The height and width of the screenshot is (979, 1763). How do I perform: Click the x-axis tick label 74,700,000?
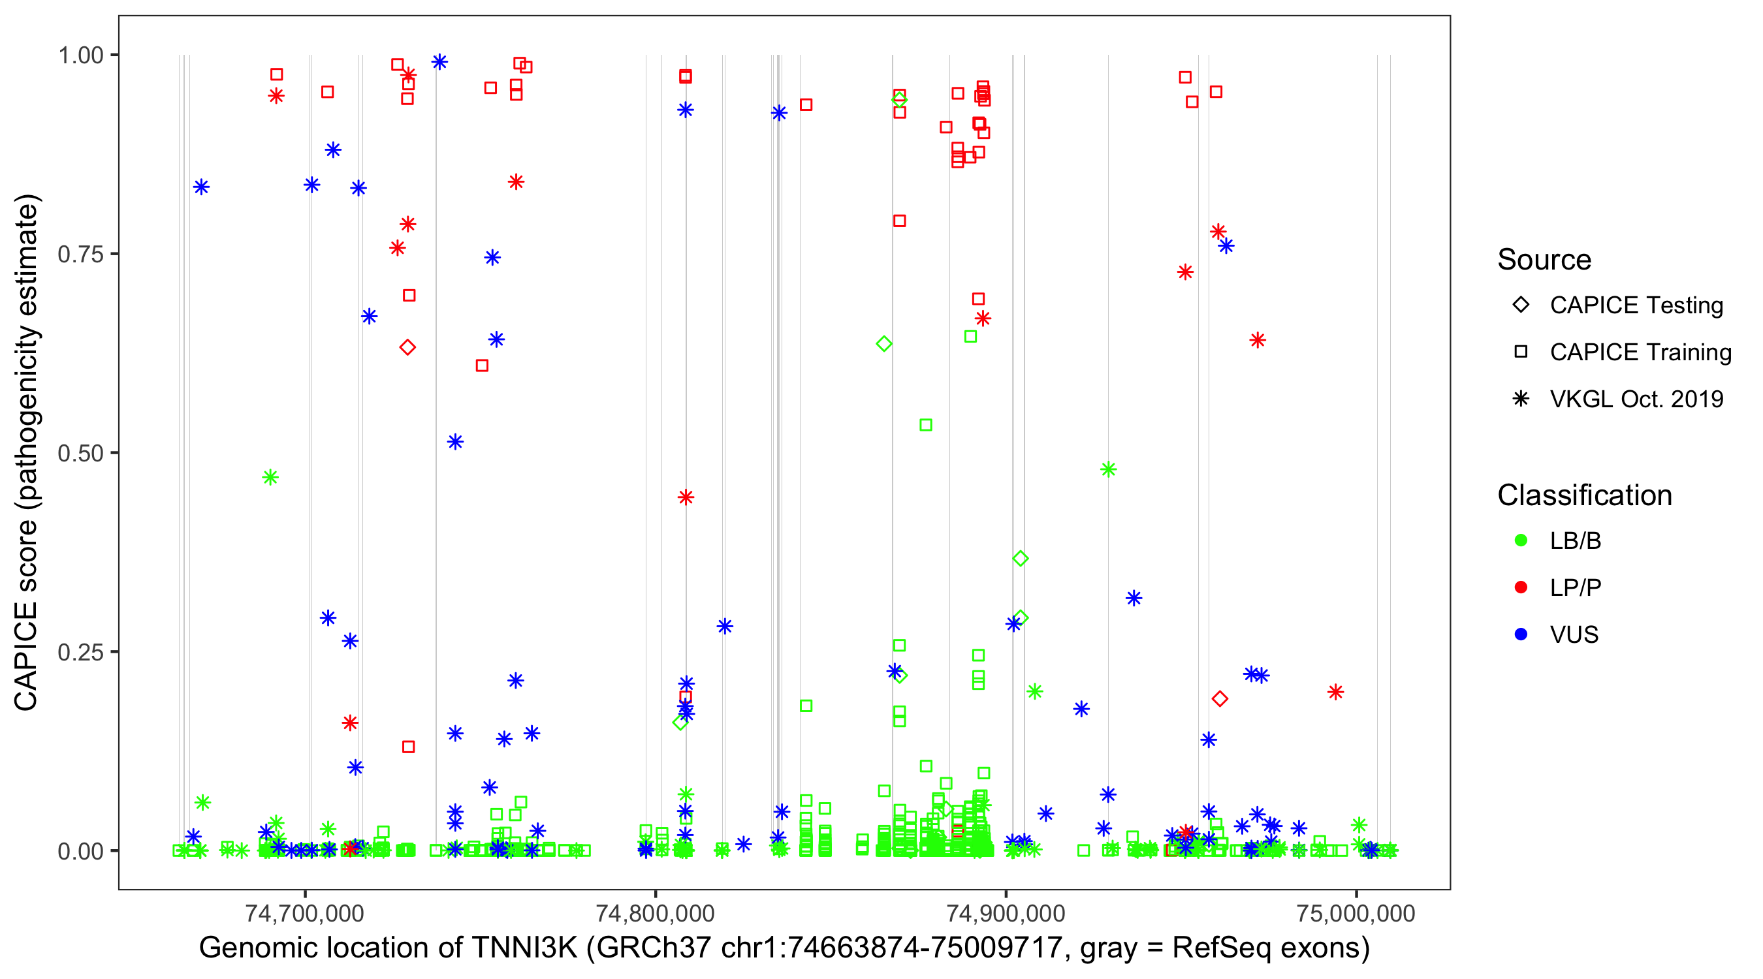point(304,913)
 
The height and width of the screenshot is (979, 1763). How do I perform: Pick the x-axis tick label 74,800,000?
point(655,913)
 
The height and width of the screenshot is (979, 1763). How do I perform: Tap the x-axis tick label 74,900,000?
point(1006,913)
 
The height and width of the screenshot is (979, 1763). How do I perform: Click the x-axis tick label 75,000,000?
point(1356,913)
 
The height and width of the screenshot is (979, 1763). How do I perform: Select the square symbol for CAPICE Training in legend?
point(1521,352)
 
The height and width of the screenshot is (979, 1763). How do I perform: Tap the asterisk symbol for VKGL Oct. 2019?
point(1521,399)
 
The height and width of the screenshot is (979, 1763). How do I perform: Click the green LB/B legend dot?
point(1521,540)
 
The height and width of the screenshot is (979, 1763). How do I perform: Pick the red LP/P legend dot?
point(1521,587)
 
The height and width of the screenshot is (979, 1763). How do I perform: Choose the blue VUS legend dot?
point(1521,634)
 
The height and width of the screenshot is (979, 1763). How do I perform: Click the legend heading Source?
point(1544,260)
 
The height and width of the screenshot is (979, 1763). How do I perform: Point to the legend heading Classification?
point(1584,495)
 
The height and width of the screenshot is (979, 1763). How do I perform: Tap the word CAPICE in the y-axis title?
point(26,657)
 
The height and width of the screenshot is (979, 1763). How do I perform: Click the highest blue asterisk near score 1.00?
point(439,62)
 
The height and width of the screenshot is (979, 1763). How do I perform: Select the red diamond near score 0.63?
point(407,347)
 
